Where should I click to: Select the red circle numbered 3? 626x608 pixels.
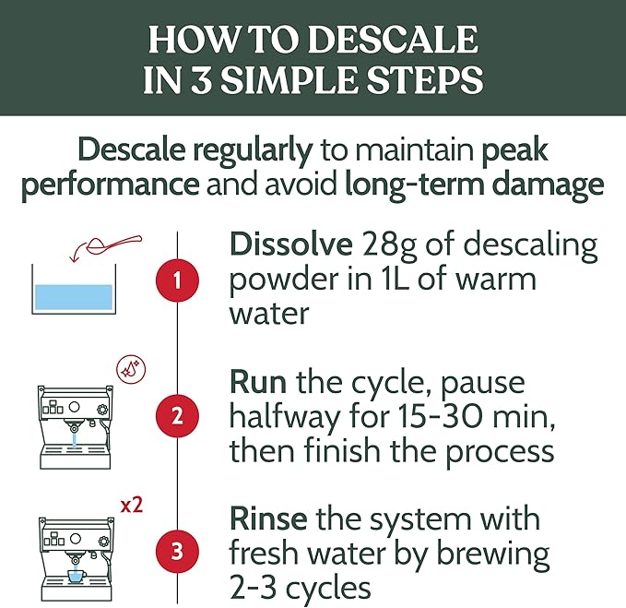[175, 553]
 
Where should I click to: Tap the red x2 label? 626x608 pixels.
[132, 506]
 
